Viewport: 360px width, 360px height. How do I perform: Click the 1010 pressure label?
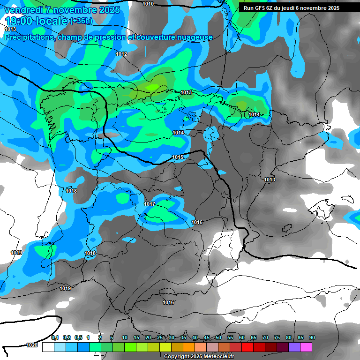148,4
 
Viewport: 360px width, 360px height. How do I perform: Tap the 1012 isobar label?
121,54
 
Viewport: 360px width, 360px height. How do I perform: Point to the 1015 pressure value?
178,157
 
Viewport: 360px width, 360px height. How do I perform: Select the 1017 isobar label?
150,204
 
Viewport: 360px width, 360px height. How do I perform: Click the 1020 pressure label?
32,345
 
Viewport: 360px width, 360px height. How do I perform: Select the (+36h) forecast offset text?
81,21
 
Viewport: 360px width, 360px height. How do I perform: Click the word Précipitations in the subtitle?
29,37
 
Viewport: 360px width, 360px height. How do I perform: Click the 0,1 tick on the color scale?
55,338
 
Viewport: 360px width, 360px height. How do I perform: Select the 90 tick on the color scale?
312,338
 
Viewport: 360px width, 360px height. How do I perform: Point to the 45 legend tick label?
207,338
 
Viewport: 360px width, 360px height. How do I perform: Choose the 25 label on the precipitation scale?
160,338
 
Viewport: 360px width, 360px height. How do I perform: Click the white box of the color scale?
48,347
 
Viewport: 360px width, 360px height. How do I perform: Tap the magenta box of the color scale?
306,347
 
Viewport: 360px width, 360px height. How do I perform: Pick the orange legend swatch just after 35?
188,347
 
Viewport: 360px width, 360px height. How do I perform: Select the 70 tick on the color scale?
265,338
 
